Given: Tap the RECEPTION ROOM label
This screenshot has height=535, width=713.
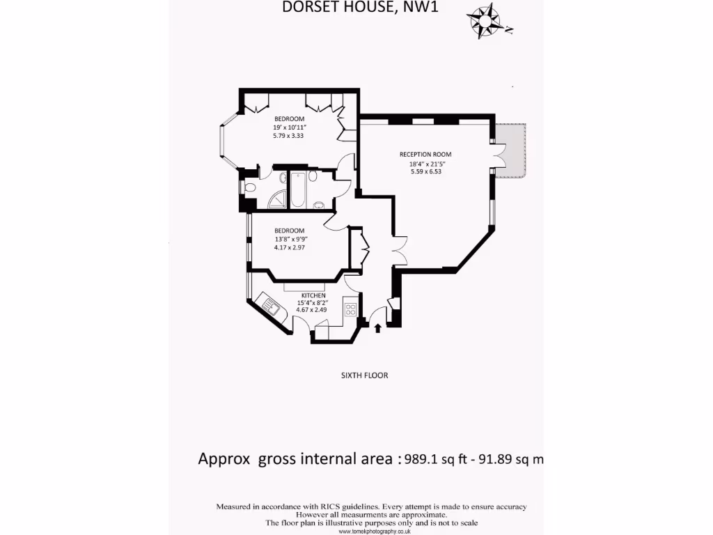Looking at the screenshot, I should pyautogui.click(x=425, y=155).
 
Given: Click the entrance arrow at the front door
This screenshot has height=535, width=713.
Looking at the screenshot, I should pyautogui.click(x=378, y=327).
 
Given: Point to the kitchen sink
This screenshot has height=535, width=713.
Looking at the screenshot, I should pyautogui.click(x=269, y=305).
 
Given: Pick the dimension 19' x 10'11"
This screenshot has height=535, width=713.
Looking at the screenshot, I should pyautogui.click(x=290, y=127).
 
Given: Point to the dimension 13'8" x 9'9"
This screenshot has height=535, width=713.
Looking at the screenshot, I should pyautogui.click(x=290, y=239).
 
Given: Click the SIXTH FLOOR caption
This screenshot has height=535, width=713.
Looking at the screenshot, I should pyautogui.click(x=364, y=375).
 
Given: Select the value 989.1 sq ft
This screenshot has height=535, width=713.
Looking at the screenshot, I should pyautogui.click(x=439, y=459).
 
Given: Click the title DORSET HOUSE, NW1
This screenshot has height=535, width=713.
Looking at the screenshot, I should pyautogui.click(x=361, y=8).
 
